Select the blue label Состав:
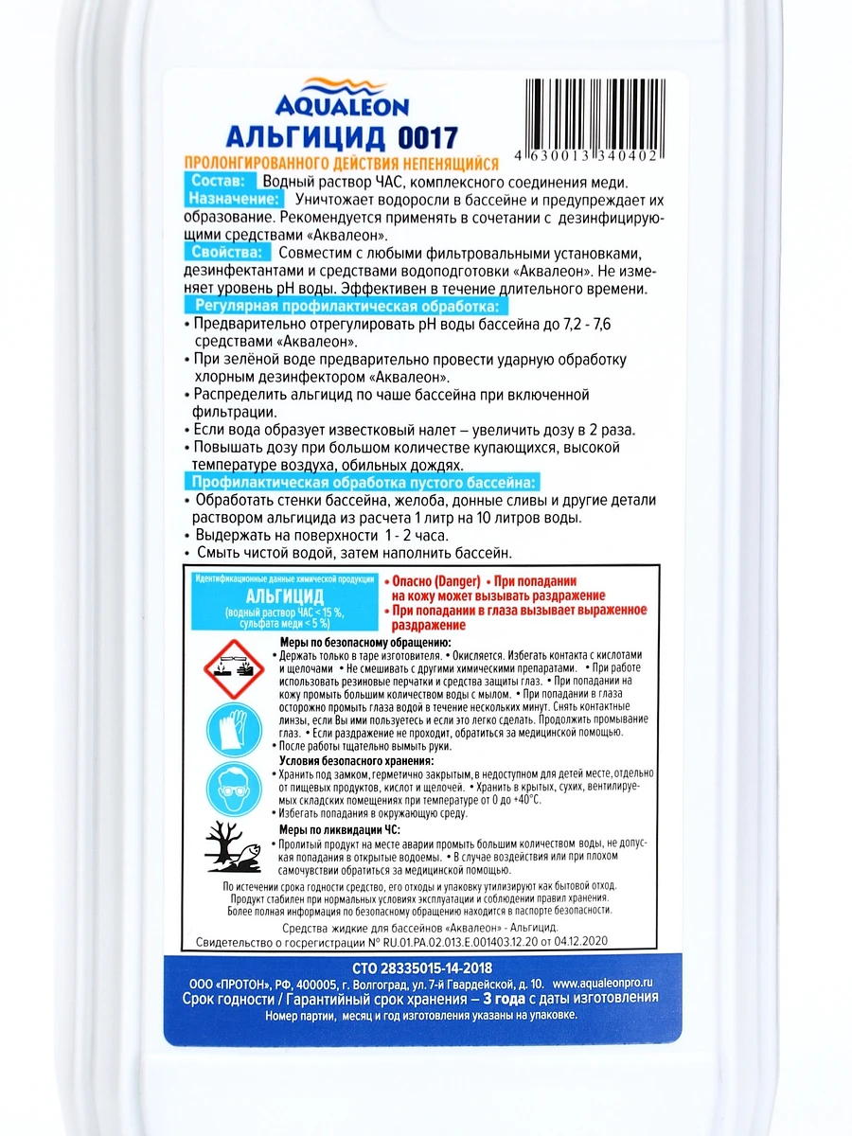click(x=217, y=181)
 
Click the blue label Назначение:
click(x=233, y=200)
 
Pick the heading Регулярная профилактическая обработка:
click(x=345, y=307)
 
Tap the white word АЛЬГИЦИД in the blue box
click(x=285, y=596)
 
